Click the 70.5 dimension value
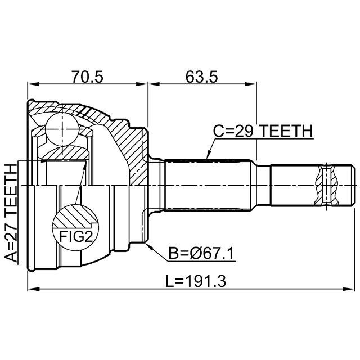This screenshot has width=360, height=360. click(87, 76)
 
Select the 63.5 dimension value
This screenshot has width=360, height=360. click(201, 76)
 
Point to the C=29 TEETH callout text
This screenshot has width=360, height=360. click(262, 131)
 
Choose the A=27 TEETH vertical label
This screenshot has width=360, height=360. click(11, 214)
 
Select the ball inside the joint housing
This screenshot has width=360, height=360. click(61, 129)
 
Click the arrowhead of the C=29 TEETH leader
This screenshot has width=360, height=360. click(207, 156)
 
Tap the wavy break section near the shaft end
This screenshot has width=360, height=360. click(327, 184)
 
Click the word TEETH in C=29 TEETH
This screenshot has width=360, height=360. click(286, 131)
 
